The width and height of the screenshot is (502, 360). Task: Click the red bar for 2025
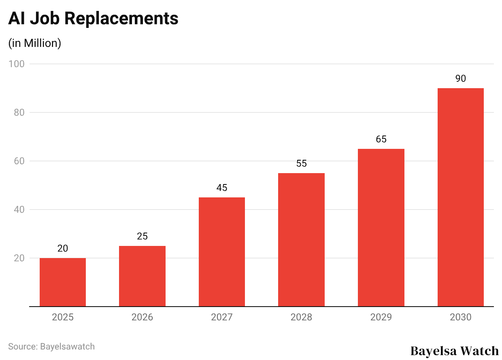pyautogui.click(x=63, y=282)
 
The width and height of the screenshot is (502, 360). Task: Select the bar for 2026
pyautogui.click(x=142, y=276)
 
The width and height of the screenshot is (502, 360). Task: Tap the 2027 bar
pyautogui.click(x=222, y=252)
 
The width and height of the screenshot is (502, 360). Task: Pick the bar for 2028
pyautogui.click(x=301, y=239)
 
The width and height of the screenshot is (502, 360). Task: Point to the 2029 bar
pyautogui.click(x=381, y=227)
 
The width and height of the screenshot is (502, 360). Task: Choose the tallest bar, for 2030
pyautogui.click(x=461, y=197)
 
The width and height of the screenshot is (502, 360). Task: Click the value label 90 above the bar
pyautogui.click(x=461, y=78)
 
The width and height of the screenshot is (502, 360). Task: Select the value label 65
pyautogui.click(x=381, y=139)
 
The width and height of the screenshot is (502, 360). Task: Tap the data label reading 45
pyautogui.click(x=222, y=188)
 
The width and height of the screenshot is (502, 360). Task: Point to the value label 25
pyautogui.click(x=142, y=236)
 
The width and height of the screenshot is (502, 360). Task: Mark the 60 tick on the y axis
pyautogui.click(x=19, y=161)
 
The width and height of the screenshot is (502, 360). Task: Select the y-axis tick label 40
pyautogui.click(x=19, y=210)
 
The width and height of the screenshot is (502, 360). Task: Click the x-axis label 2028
pyautogui.click(x=301, y=317)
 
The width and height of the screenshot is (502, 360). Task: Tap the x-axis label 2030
pyautogui.click(x=461, y=317)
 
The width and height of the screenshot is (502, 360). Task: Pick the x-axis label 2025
pyautogui.click(x=63, y=317)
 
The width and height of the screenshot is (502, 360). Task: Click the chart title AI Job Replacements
pyautogui.click(x=93, y=19)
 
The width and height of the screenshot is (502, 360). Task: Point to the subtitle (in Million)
pyautogui.click(x=35, y=43)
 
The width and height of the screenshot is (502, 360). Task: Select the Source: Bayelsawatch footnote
pyautogui.click(x=51, y=346)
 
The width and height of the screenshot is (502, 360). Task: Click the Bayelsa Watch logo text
pyautogui.click(x=455, y=350)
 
